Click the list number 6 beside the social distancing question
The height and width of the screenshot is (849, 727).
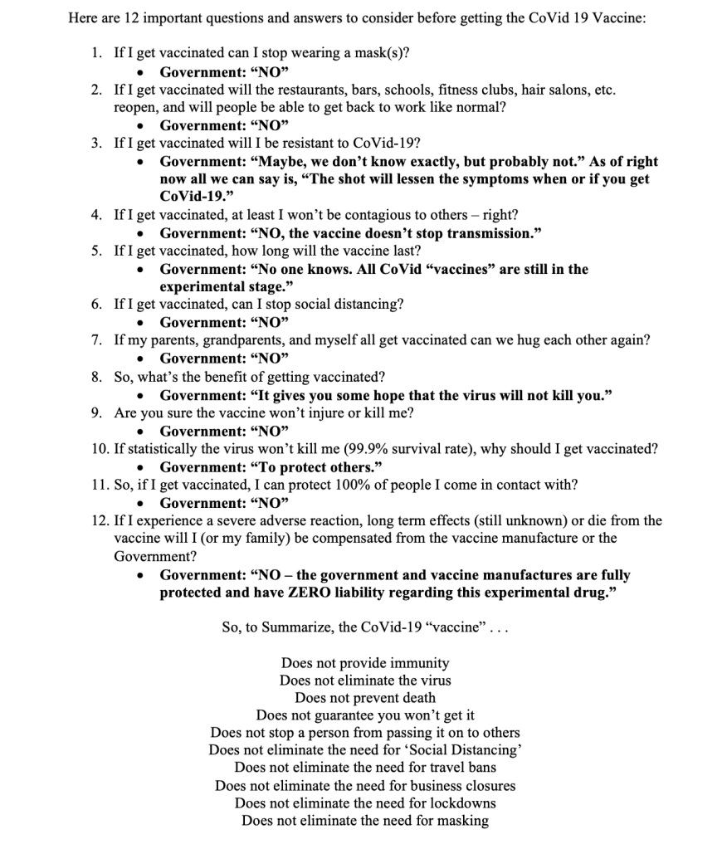click(96, 304)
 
